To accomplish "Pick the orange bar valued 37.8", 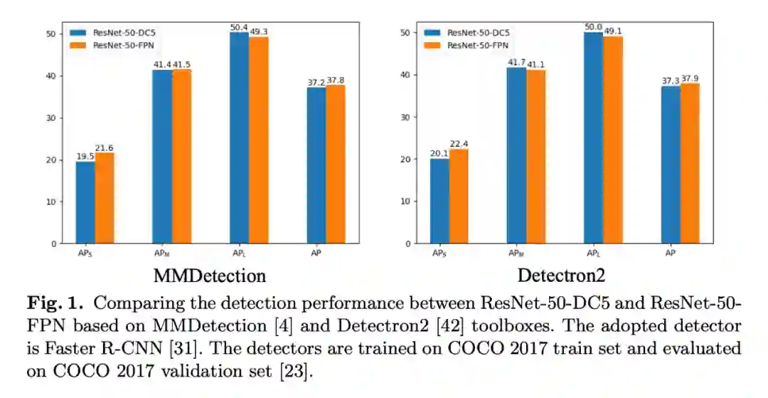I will pos(335,164).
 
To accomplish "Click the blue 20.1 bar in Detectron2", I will pos(439,201).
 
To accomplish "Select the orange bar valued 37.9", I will pos(690,163).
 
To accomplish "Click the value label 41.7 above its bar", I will pos(516,63).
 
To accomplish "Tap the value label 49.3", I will pos(259,31).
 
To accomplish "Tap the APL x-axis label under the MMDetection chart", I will pos(239,253).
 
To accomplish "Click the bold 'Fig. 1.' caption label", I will pos(56,303).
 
